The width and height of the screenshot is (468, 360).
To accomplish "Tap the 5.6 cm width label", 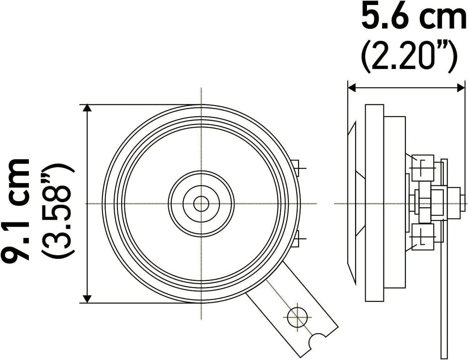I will coord(414,16).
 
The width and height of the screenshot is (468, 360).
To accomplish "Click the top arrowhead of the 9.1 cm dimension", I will coord(87,108).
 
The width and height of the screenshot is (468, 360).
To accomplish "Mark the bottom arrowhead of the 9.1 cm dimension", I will coord(87,299).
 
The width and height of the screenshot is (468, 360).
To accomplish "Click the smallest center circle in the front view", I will coord(201,204).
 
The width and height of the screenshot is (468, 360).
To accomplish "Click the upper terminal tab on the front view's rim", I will coord(295,168).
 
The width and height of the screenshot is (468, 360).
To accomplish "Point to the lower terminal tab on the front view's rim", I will coord(295,238).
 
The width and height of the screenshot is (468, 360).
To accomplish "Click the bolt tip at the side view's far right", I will coord(463,203).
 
